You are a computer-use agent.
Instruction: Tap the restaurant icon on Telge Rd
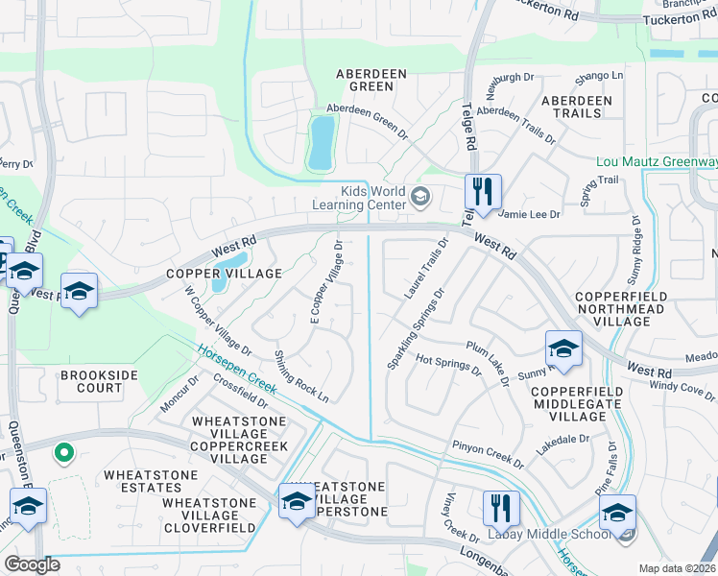pyautogui.click(x=483, y=191)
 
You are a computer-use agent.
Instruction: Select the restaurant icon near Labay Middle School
pyautogui.click(x=499, y=508)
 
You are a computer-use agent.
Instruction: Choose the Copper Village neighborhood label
pyautogui.click(x=225, y=274)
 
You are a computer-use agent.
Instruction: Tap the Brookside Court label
pyautogui.click(x=92, y=381)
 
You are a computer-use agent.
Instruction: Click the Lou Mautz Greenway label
pyautogui.click(x=656, y=161)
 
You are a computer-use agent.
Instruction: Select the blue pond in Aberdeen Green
pyautogui.click(x=322, y=142)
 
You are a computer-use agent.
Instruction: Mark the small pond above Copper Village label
pyautogui.click(x=228, y=269)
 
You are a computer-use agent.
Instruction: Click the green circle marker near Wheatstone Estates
pyautogui.click(x=64, y=450)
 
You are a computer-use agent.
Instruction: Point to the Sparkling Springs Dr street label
pyautogui.click(x=415, y=329)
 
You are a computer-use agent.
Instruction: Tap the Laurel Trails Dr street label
pyautogui.click(x=427, y=269)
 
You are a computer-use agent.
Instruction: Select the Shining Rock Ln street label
pyautogui.click(x=301, y=375)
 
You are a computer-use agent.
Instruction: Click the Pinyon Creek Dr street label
pyautogui.click(x=488, y=455)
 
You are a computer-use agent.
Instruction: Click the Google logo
pyautogui.click(x=32, y=564)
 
